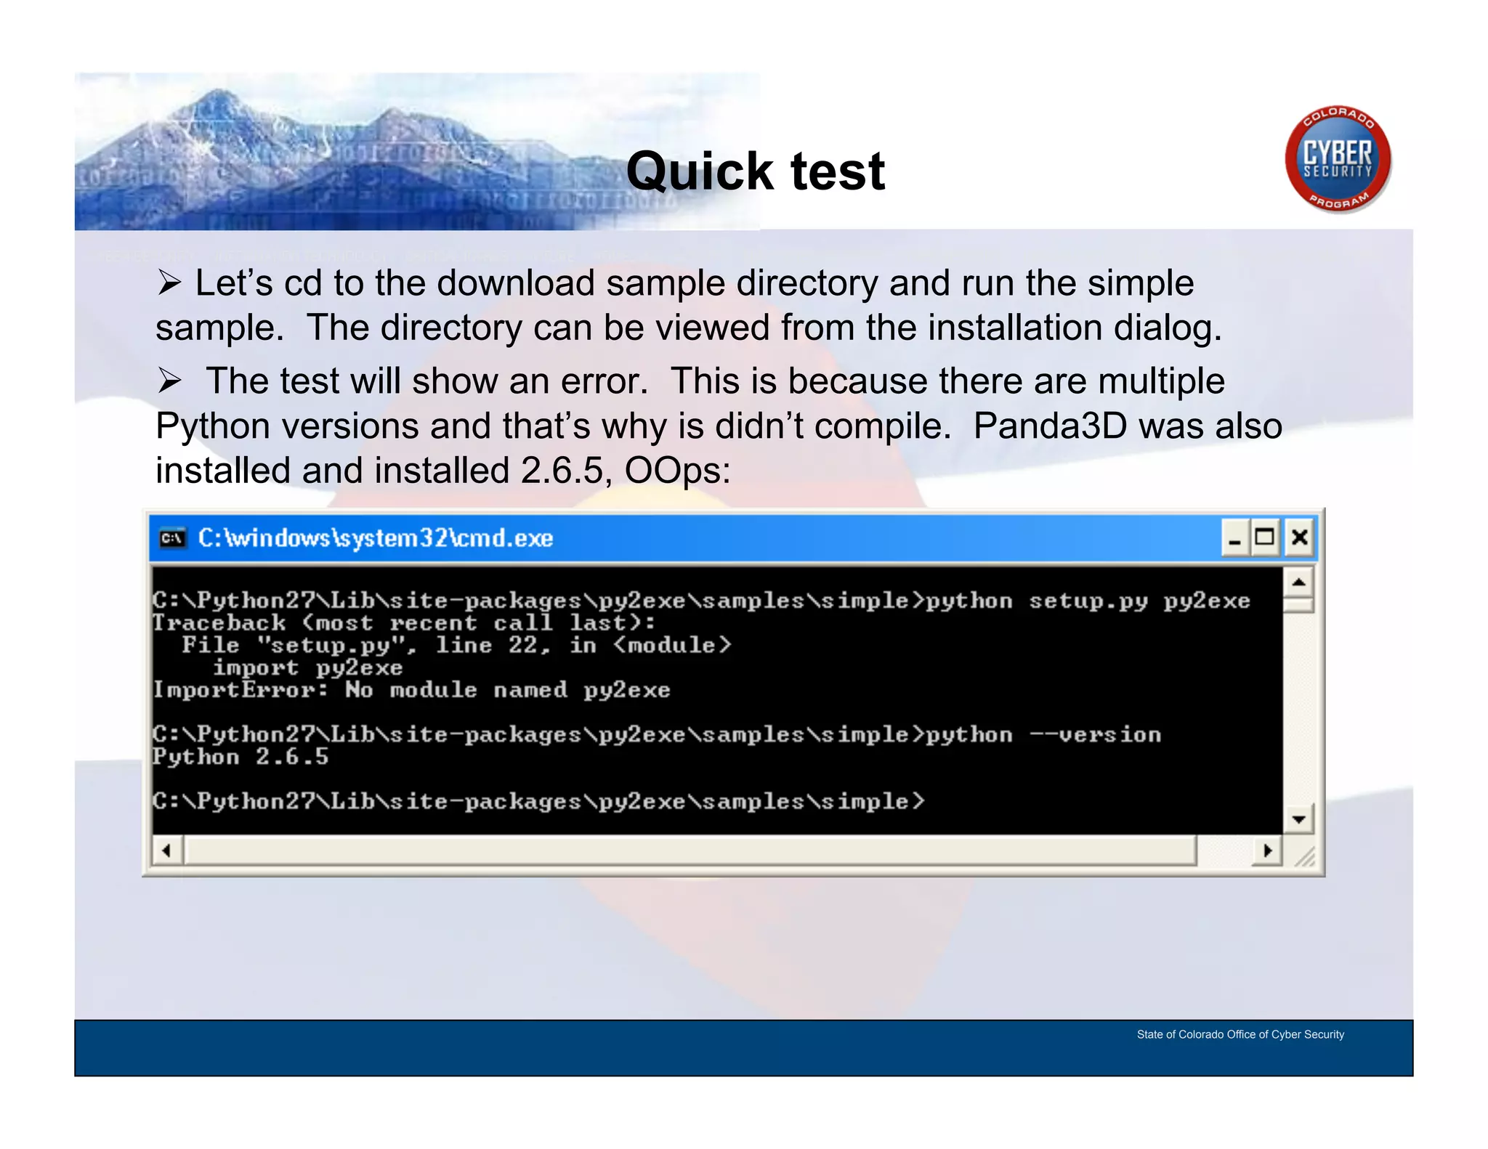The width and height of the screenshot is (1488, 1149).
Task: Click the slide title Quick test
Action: point(755,172)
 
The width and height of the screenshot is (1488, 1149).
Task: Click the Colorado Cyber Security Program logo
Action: point(1337,160)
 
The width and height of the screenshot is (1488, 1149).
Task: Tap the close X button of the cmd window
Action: point(1299,538)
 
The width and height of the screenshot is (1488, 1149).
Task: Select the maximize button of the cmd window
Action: point(1265,538)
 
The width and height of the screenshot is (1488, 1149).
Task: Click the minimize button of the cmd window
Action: point(1234,538)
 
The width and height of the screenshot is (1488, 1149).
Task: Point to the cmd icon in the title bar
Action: point(172,538)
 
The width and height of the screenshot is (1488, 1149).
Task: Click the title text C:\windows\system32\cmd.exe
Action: point(375,538)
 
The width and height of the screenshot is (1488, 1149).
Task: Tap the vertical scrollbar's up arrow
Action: point(1298,582)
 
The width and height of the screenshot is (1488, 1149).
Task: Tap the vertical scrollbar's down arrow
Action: point(1298,820)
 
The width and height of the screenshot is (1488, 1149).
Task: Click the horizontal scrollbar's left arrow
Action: point(167,850)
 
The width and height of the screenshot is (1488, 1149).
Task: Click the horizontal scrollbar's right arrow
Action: point(1268,850)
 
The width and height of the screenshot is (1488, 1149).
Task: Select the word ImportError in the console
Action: point(238,690)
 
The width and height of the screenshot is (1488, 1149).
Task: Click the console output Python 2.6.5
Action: point(240,757)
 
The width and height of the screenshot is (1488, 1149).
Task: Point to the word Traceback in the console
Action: point(219,623)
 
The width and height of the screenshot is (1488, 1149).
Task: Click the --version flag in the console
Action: point(1095,735)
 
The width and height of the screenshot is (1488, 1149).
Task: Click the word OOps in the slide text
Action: point(677,471)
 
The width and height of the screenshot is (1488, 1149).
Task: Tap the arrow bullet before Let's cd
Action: point(169,283)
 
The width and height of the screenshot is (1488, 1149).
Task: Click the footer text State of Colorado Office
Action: point(1240,1034)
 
